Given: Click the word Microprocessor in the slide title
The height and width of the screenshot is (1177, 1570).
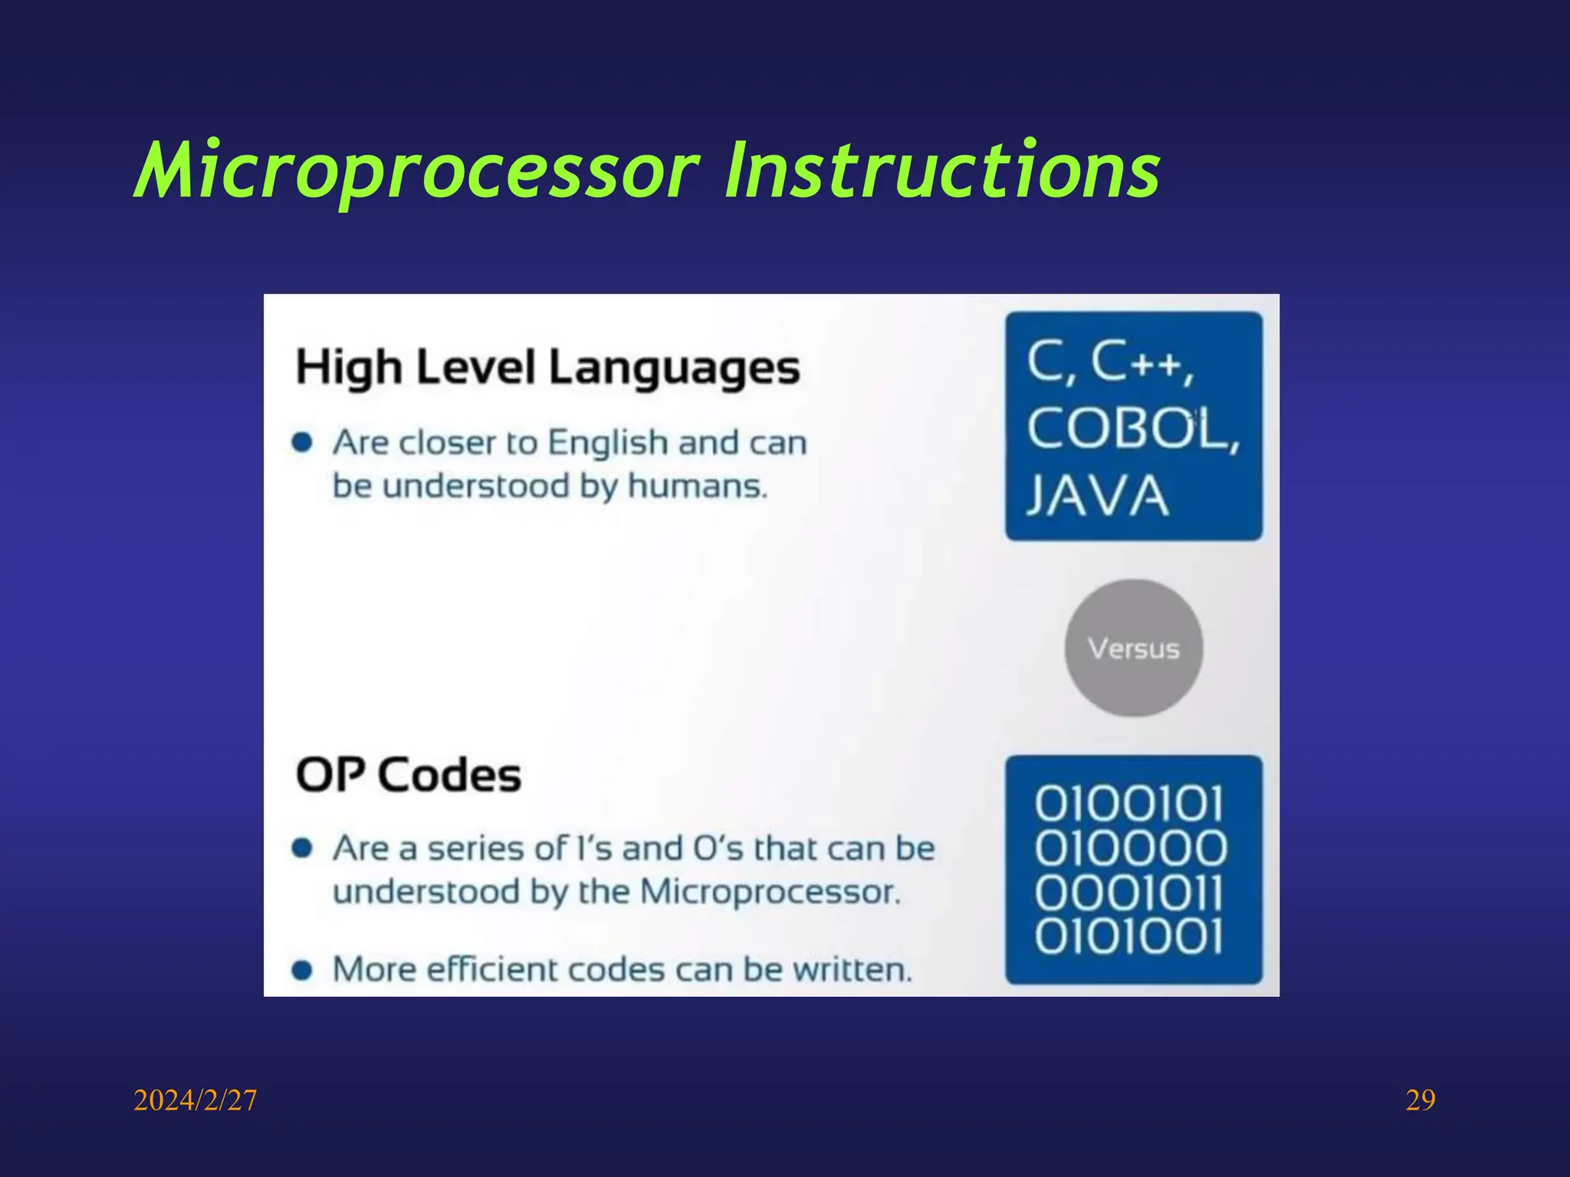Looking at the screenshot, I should pos(418,170).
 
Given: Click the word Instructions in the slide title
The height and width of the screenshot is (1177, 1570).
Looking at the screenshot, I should pos(941,170).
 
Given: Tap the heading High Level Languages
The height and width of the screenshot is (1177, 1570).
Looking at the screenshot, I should pos(547,367).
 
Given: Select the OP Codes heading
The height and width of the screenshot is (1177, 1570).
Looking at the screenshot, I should pos(409,775).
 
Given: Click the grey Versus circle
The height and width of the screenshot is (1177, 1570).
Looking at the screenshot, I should pos(1133,648).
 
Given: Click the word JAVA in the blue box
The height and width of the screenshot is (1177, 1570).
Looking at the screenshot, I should pos(1098,496).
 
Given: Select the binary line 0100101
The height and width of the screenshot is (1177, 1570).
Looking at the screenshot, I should pos(1128,804).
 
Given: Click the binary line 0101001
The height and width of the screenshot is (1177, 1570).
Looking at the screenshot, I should pos(1128,936).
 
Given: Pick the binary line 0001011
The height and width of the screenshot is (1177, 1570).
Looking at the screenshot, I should pos(1128,893).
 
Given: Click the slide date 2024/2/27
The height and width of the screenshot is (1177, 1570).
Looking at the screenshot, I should pos(195,1100).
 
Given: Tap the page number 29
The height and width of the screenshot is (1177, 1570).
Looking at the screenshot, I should pos(1420,1100).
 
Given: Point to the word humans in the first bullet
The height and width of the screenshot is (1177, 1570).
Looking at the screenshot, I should pos(695,486).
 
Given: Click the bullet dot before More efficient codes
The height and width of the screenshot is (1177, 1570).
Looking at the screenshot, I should pos(302,970).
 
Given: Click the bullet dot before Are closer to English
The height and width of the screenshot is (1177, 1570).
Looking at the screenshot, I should pos(302,442).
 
